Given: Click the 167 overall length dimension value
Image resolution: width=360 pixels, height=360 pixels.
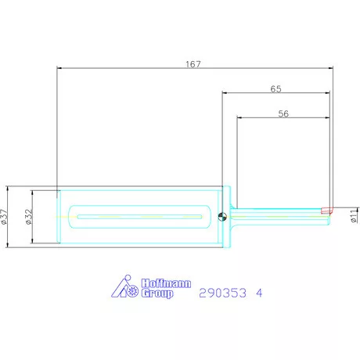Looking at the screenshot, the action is [x=193, y=64].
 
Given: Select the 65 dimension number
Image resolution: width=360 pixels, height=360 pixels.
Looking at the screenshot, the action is [x=275, y=89].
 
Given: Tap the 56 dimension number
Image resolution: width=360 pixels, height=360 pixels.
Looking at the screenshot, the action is [x=283, y=113].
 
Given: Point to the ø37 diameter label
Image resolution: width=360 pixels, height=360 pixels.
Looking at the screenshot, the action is [x=5, y=217].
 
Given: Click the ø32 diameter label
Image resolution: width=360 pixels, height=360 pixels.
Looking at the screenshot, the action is [x=29, y=217].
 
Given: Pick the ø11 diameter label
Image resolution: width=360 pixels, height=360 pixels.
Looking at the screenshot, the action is [x=354, y=215].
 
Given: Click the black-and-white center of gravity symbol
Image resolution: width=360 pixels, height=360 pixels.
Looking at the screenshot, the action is [x=222, y=217].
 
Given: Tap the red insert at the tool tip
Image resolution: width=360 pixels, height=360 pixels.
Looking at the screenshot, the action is [x=326, y=211].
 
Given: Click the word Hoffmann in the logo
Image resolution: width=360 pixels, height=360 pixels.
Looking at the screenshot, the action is [x=166, y=283].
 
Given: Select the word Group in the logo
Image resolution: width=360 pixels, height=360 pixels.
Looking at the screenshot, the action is [x=157, y=293].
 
